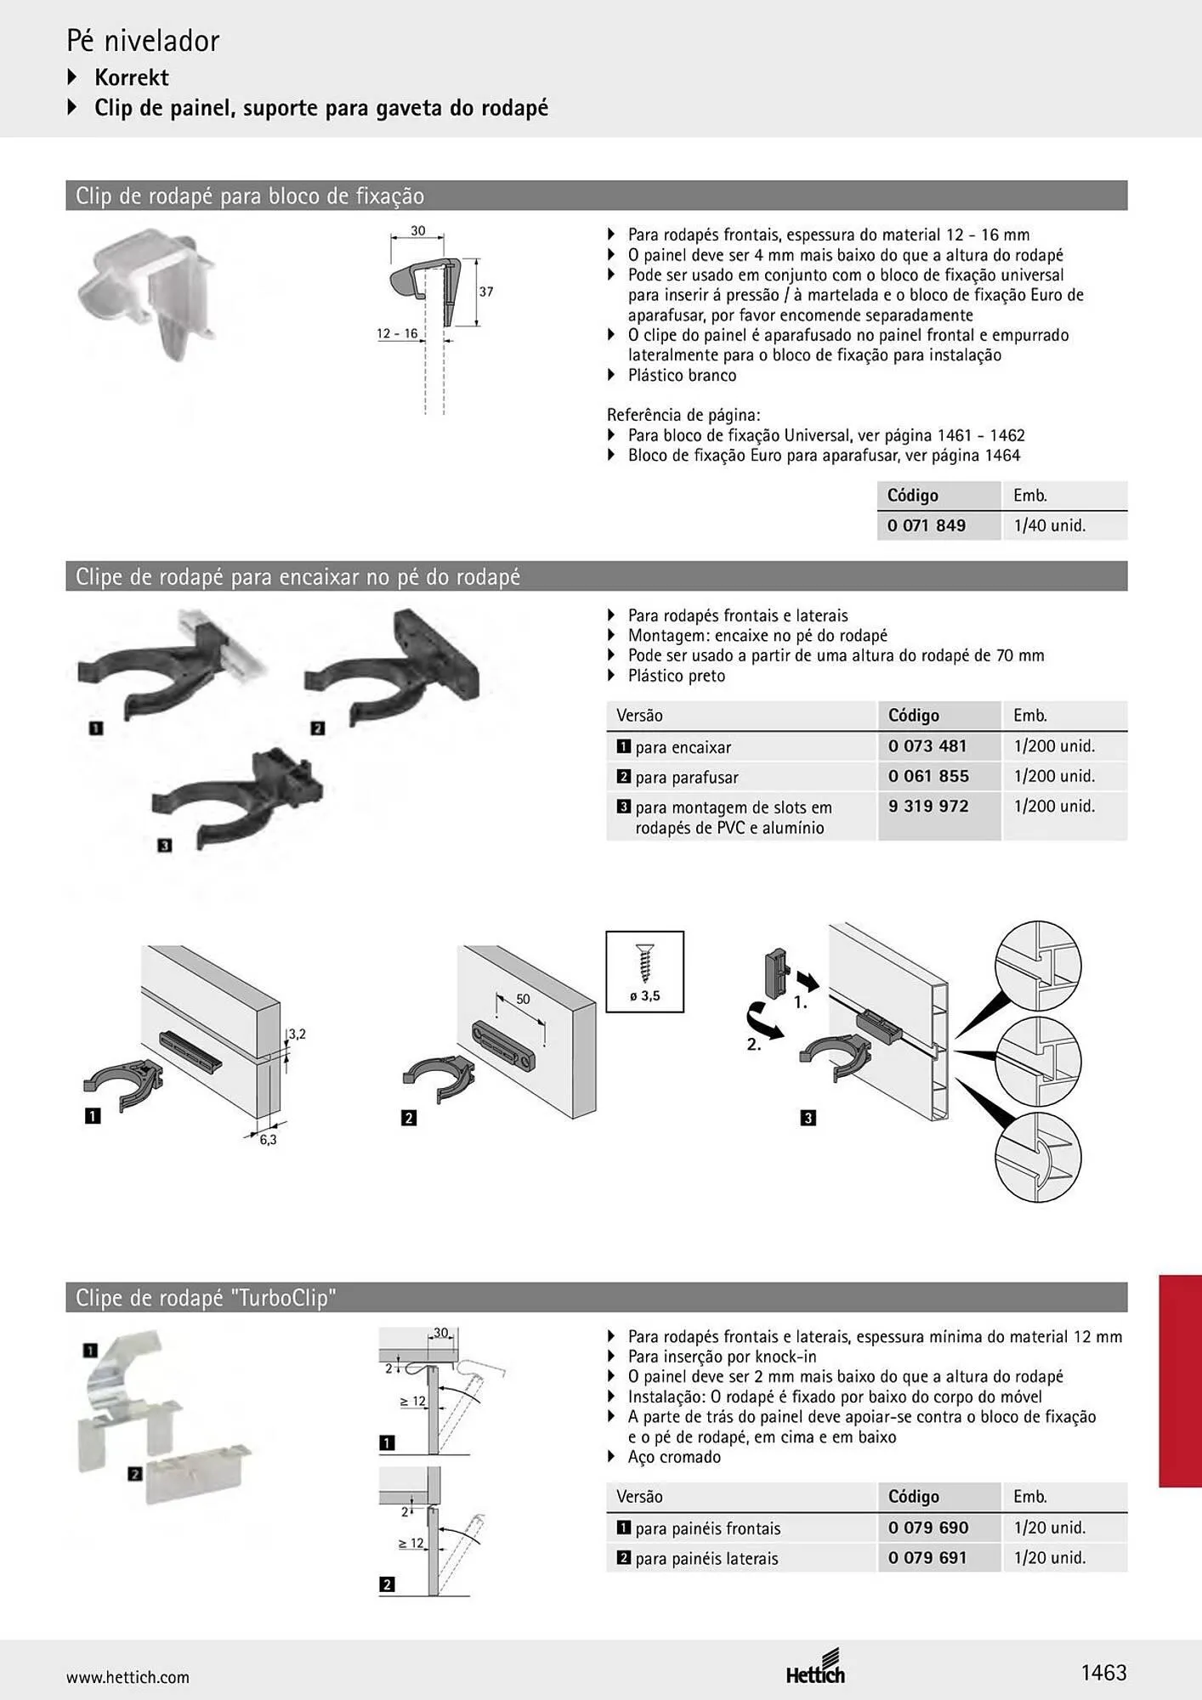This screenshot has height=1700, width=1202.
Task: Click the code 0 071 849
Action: (926, 525)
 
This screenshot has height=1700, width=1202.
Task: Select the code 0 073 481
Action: (927, 746)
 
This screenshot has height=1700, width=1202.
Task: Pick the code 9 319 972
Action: (928, 806)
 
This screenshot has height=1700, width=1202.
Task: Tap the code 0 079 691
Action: (928, 1557)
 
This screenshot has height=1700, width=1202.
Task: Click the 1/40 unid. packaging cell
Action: (1050, 525)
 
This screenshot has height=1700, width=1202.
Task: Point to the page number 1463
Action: (1103, 1673)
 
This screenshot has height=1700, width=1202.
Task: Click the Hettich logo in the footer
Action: (816, 1667)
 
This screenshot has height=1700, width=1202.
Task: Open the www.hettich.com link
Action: (128, 1677)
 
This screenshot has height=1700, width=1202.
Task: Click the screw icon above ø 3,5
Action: (645, 963)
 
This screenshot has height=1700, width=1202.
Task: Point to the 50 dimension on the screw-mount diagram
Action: (523, 999)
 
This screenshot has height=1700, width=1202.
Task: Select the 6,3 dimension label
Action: (268, 1140)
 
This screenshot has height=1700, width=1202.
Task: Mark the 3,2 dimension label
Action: (297, 1034)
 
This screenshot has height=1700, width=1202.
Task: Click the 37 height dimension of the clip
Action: (485, 292)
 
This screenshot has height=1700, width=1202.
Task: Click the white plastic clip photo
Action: (147, 302)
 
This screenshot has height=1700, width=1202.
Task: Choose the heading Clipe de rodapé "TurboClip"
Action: (206, 1298)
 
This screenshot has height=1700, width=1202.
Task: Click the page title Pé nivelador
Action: (143, 41)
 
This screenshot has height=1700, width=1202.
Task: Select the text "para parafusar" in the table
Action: (686, 778)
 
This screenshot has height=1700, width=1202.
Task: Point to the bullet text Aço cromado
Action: (674, 1457)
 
